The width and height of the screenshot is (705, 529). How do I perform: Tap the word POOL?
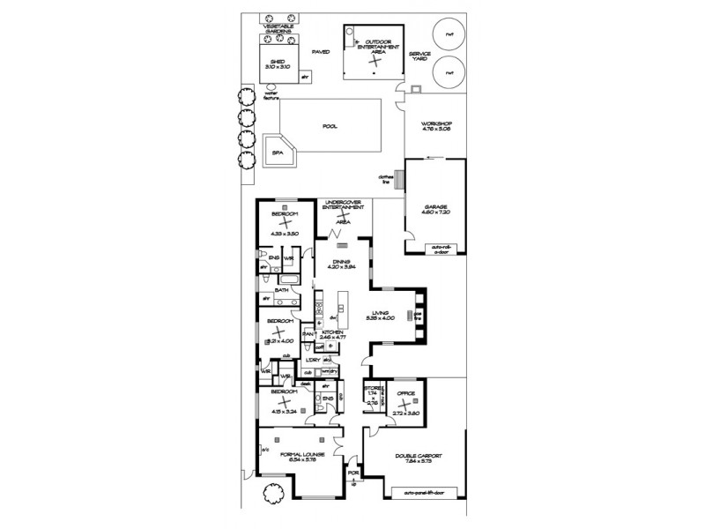point(330,126)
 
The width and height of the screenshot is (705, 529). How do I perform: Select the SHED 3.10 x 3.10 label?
point(278,63)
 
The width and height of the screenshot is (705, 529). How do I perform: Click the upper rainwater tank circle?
point(449,35)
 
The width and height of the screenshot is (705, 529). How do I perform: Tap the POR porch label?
point(353,472)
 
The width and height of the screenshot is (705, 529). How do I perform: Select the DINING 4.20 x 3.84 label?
point(336,264)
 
